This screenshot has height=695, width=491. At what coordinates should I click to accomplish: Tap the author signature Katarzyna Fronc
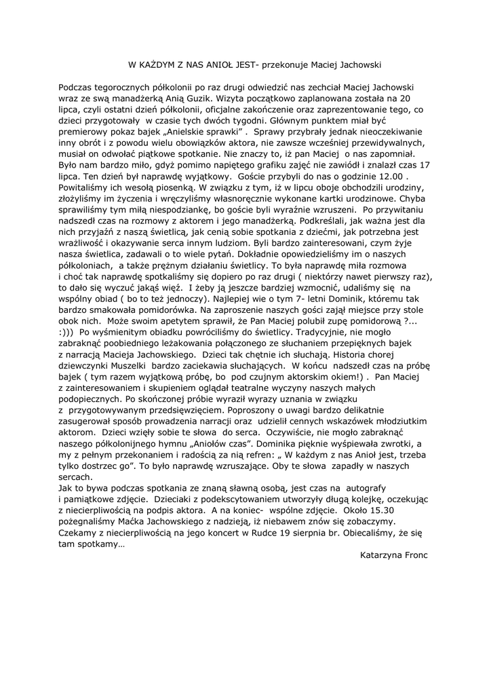pos(395,554)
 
